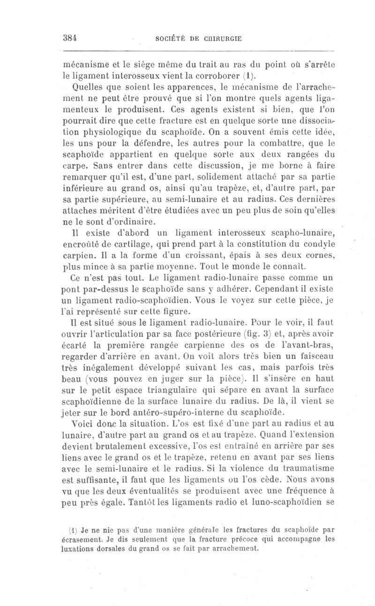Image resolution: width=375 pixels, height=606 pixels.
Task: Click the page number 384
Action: pos(70,39)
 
